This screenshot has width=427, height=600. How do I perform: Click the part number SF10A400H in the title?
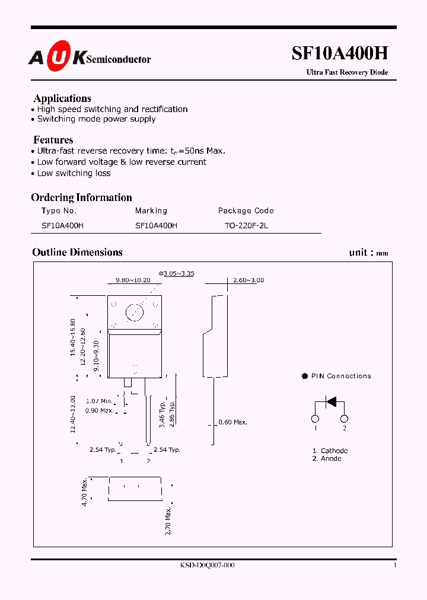[340, 54]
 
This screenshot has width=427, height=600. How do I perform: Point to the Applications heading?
[62, 98]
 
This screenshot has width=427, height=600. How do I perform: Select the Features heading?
[53, 140]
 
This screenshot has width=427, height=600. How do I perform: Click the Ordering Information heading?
[81, 197]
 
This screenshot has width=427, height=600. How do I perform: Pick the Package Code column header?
[246, 210]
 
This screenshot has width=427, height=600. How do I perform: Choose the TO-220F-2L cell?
[246, 225]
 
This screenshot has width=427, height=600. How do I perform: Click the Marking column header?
[151, 210]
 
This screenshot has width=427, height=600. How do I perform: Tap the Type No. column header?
[59, 210]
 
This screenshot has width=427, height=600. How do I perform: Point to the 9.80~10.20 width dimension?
[133, 280]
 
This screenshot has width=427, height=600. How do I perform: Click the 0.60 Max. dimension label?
[232, 422]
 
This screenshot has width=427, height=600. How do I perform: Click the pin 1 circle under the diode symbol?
[316, 419]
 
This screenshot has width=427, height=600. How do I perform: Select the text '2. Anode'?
[326, 458]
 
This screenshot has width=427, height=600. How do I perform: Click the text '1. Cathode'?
[330, 451]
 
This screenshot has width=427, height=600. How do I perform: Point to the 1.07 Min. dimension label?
[99, 401]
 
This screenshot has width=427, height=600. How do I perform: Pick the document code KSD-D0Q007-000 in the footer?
[207, 565]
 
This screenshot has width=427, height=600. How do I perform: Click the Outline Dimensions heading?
[77, 252]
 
